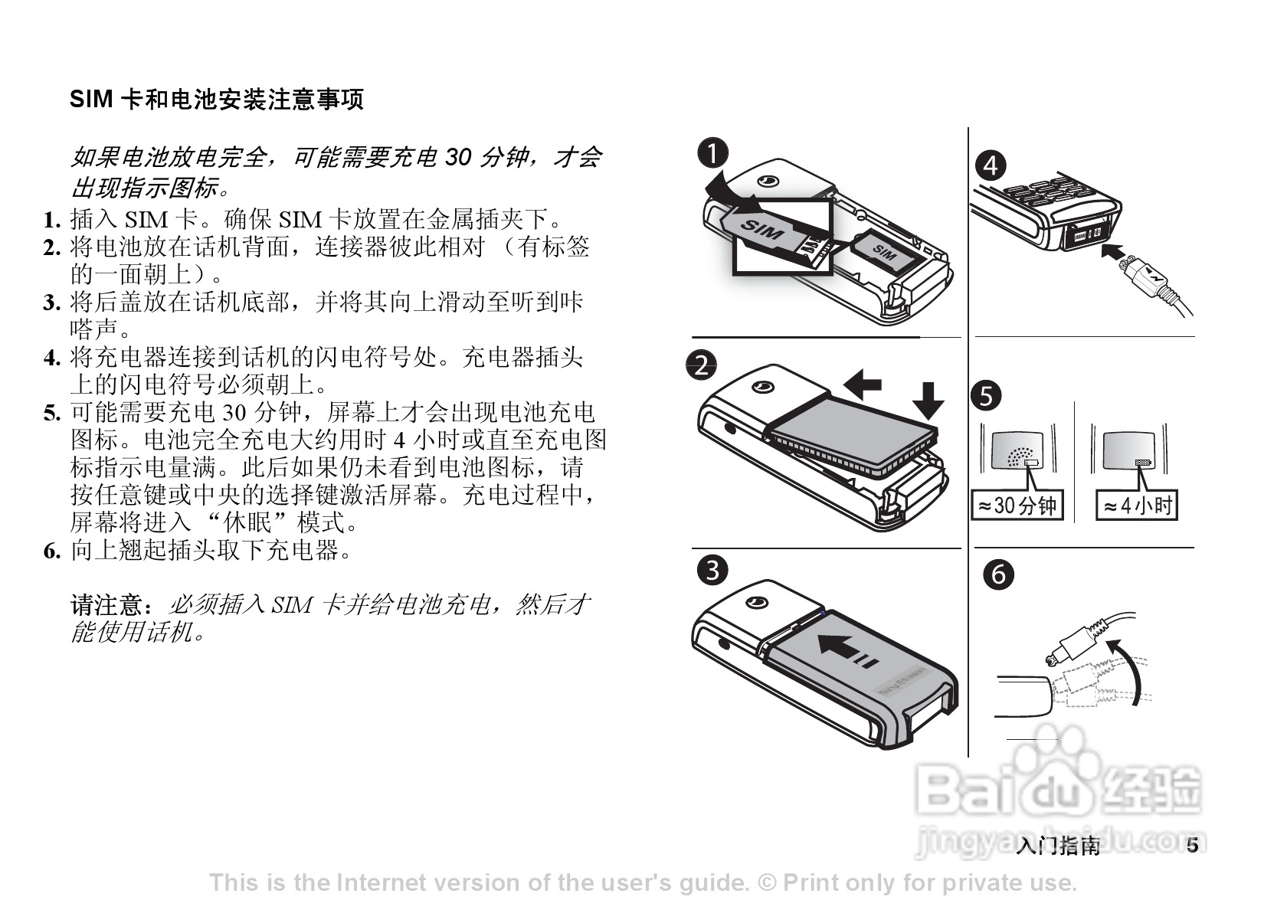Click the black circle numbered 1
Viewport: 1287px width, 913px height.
tap(712, 153)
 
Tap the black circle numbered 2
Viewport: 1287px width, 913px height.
tap(702, 365)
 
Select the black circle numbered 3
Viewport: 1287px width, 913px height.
tap(712, 570)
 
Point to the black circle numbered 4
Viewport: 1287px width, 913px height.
tap(991, 165)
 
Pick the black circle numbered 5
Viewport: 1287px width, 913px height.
tap(986, 395)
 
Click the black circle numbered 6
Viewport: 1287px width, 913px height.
tap(999, 574)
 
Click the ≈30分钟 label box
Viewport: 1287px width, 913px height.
tap(1017, 506)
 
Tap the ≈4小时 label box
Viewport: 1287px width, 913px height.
tap(1137, 506)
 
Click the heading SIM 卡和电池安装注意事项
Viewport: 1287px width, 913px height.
tap(217, 100)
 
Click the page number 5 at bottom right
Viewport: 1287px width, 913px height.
tap(1192, 846)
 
